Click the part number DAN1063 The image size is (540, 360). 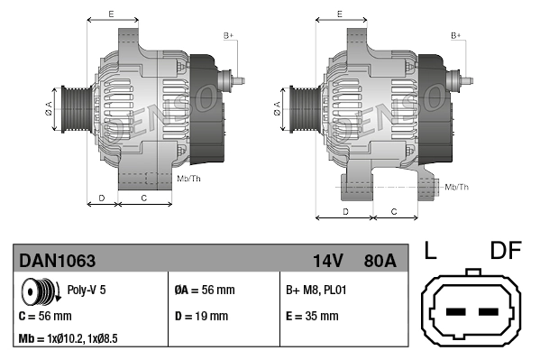(57, 261)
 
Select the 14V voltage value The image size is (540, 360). (328, 261)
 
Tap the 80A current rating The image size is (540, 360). (379, 261)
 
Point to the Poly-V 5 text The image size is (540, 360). (86, 291)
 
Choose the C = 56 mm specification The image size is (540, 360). (45, 316)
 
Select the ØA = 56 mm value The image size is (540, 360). (203, 291)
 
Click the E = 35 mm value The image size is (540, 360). (312, 316)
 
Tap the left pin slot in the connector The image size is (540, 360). (455, 313)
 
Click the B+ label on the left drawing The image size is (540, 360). (228, 34)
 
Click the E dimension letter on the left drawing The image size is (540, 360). (110, 14)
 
